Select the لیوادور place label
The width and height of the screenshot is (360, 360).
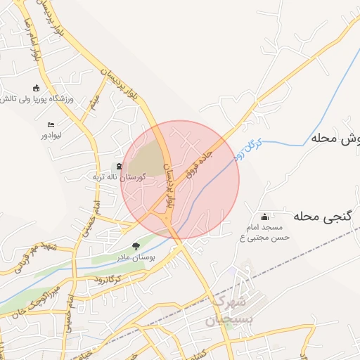click(52, 134)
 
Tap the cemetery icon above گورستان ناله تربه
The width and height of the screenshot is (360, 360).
click(119, 167)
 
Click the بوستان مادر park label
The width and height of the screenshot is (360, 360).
click(136, 257)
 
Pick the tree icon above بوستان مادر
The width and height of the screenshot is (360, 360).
click(136, 247)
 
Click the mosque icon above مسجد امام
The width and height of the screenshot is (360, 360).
click(264, 217)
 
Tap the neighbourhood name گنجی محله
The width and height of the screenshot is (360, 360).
click(324, 215)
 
